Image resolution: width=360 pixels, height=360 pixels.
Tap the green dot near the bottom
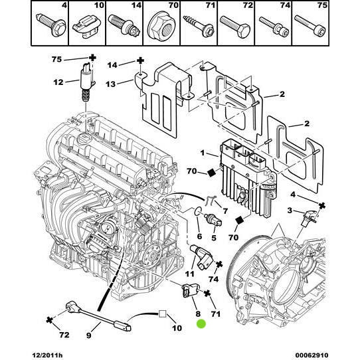pyautogui.click(x=202, y=324)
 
